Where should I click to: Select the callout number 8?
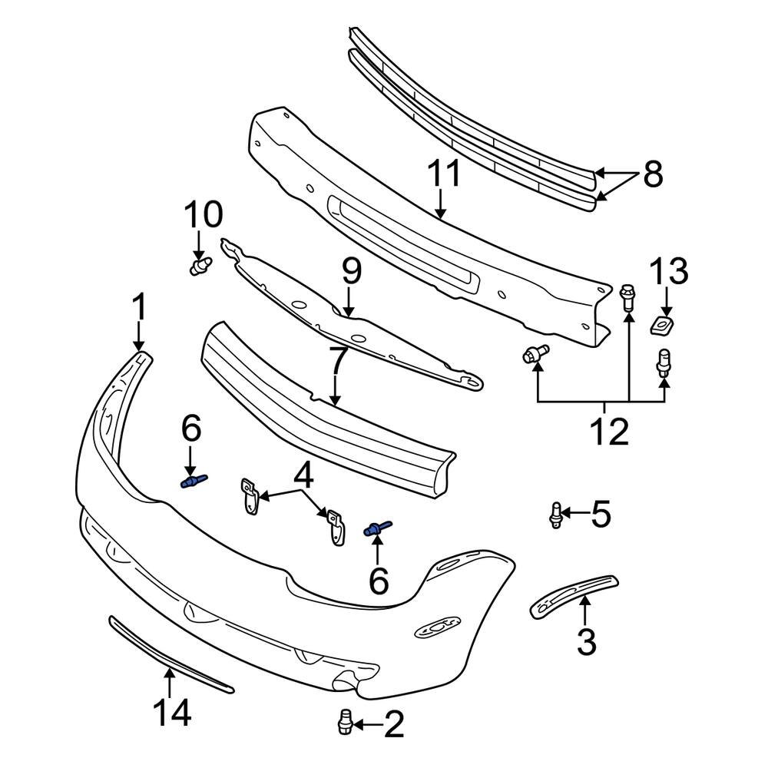(652, 175)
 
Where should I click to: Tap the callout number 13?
(670, 273)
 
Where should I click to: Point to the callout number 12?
(608, 432)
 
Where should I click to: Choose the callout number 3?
(586, 642)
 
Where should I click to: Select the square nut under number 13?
(660, 326)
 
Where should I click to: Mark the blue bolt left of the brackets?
(193, 482)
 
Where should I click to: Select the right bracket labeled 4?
(335, 527)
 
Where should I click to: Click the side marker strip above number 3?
(574, 594)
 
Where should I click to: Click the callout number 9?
(350, 272)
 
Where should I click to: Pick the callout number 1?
(139, 309)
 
